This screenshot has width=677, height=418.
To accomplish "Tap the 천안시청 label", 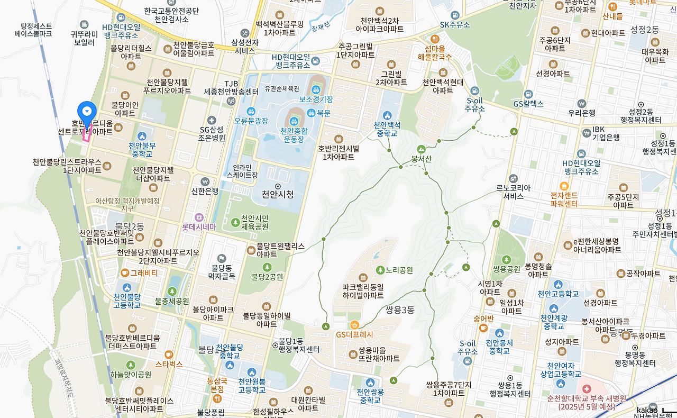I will [278, 194].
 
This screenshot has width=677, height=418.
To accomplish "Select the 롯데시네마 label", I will [199, 226].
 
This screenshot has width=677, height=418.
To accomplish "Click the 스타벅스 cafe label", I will [169, 364].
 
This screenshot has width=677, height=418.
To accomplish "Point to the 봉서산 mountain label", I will [422, 158].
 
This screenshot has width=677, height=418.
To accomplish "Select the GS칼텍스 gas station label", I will [528, 104].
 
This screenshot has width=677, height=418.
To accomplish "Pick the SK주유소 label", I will [455, 25].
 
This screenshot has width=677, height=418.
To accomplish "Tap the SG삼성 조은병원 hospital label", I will [212, 133].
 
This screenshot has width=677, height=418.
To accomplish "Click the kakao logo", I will [647, 410].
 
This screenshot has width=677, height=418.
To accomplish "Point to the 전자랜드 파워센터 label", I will [564, 199].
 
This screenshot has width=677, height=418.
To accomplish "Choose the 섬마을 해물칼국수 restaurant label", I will [435, 52].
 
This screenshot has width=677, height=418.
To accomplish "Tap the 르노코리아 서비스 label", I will [513, 192].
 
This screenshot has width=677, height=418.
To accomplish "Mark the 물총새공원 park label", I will [172, 301].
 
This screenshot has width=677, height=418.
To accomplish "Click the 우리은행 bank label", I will [582, 112].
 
